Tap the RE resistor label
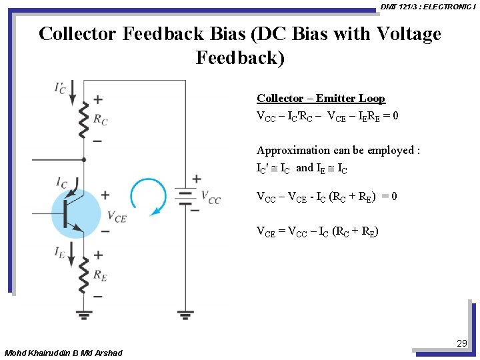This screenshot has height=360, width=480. coord(100,275)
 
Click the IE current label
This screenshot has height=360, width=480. coord(61,252)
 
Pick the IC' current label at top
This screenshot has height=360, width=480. coord(60,87)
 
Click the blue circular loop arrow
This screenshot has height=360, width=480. coord(148,196)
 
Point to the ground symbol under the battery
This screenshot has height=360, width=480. coord(185,312)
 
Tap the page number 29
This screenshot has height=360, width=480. coord(462,343)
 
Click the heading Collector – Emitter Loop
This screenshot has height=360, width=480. coord(321,99)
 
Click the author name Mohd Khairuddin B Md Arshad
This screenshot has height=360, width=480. coord(63,353)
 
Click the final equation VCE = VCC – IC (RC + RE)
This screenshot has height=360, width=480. coord(317,232)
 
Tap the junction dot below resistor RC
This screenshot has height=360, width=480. coord(84,160)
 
